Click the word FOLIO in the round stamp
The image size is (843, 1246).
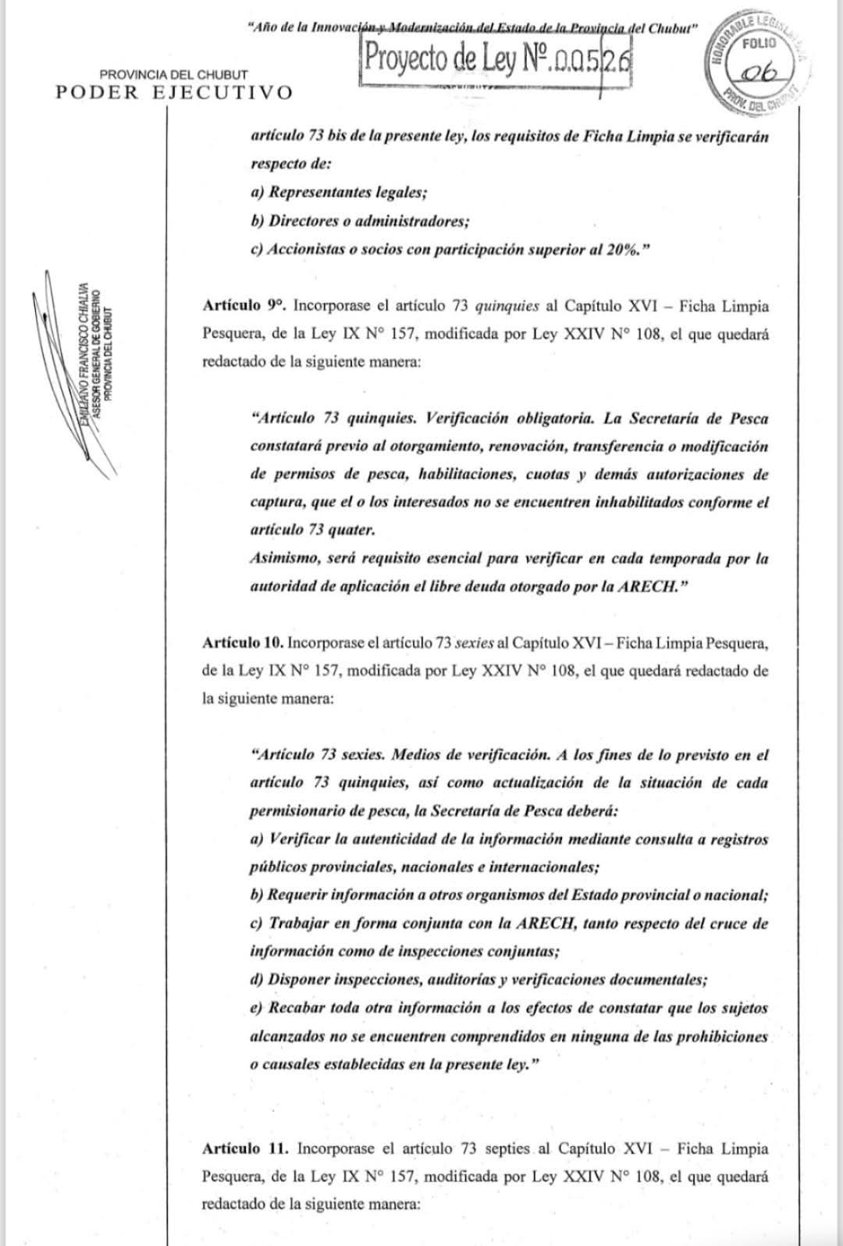tap(758, 44)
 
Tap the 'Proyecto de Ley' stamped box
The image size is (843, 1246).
tap(496, 60)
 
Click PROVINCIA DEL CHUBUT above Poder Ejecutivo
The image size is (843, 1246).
tap(173, 75)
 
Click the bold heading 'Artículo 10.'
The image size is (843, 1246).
tap(242, 643)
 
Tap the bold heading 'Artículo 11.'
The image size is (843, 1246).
tap(244, 1148)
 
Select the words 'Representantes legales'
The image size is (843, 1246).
tap(347, 192)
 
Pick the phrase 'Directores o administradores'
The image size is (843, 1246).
tap(367, 221)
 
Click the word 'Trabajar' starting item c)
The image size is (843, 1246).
tap(297, 923)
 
